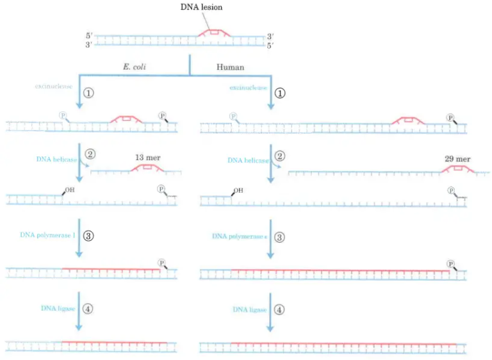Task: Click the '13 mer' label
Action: (149, 157)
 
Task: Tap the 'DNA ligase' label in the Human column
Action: (250, 309)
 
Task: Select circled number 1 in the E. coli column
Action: (89, 92)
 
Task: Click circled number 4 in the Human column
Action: (280, 309)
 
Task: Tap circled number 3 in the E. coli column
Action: (89, 235)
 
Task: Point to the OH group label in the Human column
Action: (238, 190)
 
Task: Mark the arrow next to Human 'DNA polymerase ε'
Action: (270, 240)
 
